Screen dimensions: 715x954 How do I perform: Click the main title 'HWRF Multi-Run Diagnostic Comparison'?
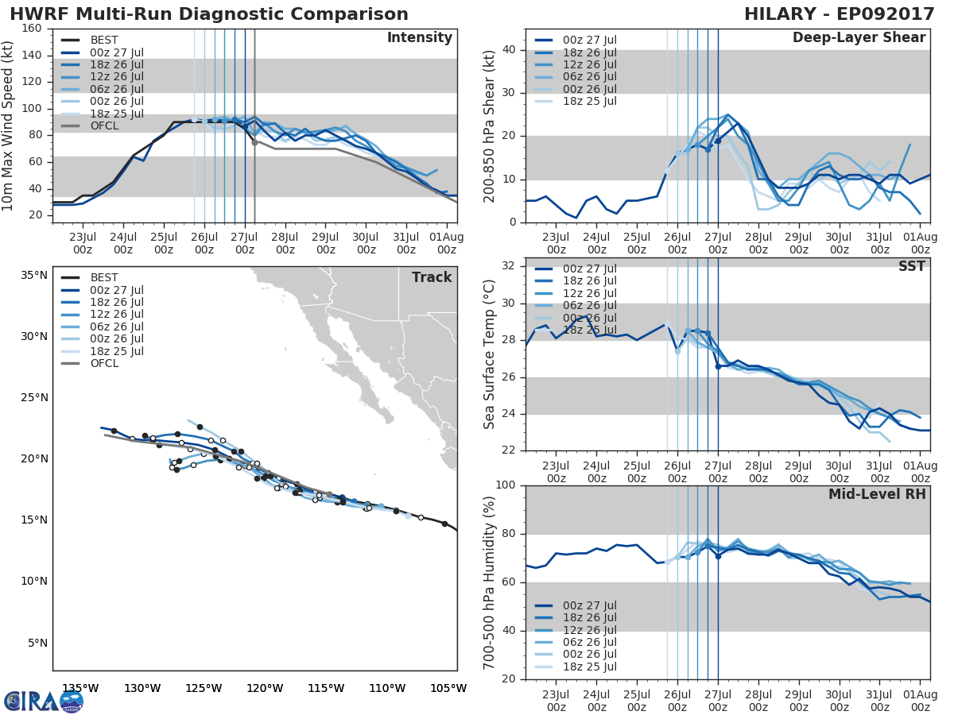click(x=209, y=14)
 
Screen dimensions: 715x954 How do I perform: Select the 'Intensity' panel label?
click(x=419, y=38)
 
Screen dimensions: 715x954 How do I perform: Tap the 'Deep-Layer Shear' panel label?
click(x=859, y=38)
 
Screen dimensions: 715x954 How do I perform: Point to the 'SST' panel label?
click(x=910, y=266)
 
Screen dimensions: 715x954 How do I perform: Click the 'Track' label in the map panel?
click(x=432, y=277)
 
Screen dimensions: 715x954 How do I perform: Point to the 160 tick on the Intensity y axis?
click(x=32, y=29)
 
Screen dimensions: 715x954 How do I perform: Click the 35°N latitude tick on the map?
click(x=33, y=276)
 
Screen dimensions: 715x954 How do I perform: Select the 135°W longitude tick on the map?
click(x=80, y=688)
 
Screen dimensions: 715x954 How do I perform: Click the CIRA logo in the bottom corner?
click(x=43, y=701)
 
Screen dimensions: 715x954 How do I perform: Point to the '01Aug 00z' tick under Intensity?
click(x=447, y=242)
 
